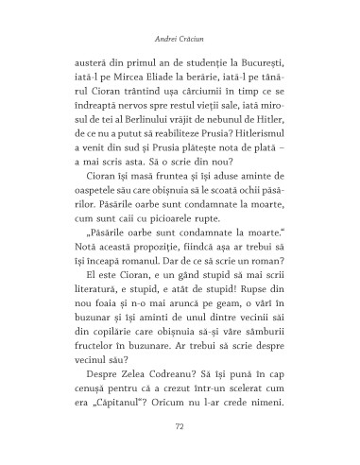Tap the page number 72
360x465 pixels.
pyautogui.click(x=180, y=426)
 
